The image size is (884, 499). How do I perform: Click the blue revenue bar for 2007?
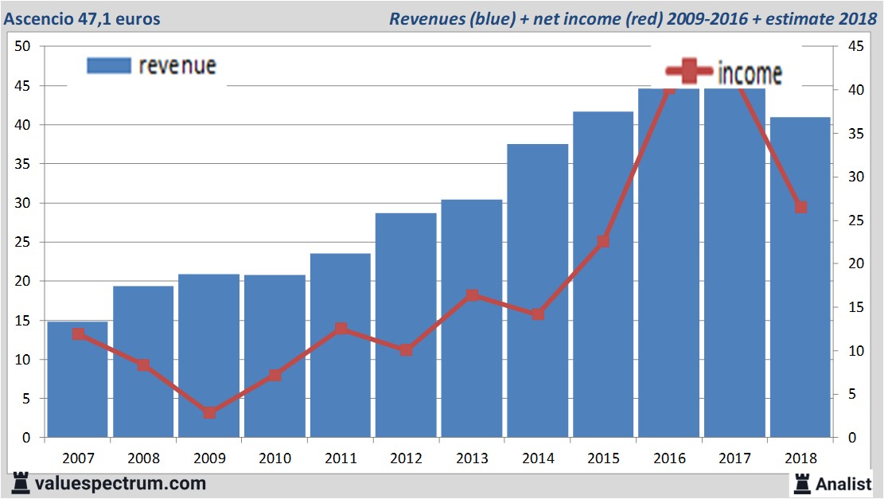[x=77, y=380]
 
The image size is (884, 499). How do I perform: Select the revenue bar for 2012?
[x=406, y=326]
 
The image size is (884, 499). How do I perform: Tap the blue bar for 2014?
[x=537, y=290]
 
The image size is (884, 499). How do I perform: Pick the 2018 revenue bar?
[x=800, y=279]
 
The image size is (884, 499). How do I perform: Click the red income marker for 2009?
[x=209, y=412]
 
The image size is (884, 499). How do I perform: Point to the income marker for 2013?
[x=472, y=295]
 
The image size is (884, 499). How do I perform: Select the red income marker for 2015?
[x=603, y=241]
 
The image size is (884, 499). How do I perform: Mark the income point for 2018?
[x=800, y=208]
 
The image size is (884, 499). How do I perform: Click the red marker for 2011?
[x=341, y=329]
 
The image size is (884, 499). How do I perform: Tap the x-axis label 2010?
[x=275, y=459]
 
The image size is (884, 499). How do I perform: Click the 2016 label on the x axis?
[x=668, y=459]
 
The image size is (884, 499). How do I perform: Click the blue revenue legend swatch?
[x=108, y=66]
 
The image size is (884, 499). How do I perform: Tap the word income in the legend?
[x=750, y=73]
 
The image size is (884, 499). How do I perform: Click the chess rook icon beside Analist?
[x=802, y=482]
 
